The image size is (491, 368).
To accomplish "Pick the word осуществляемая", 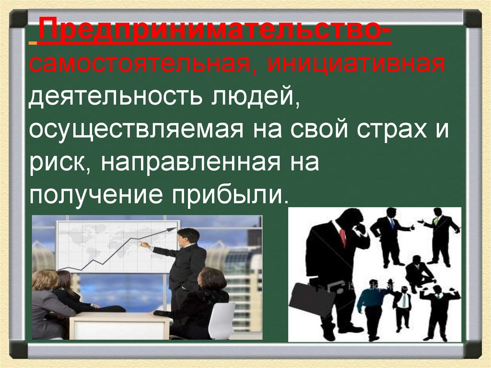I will pos(134,131).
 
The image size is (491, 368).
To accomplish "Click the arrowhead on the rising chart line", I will pos(171,230).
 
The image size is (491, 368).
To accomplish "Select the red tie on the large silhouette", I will pos(342,236).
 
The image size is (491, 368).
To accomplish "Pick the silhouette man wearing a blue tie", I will pos(390,235).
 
